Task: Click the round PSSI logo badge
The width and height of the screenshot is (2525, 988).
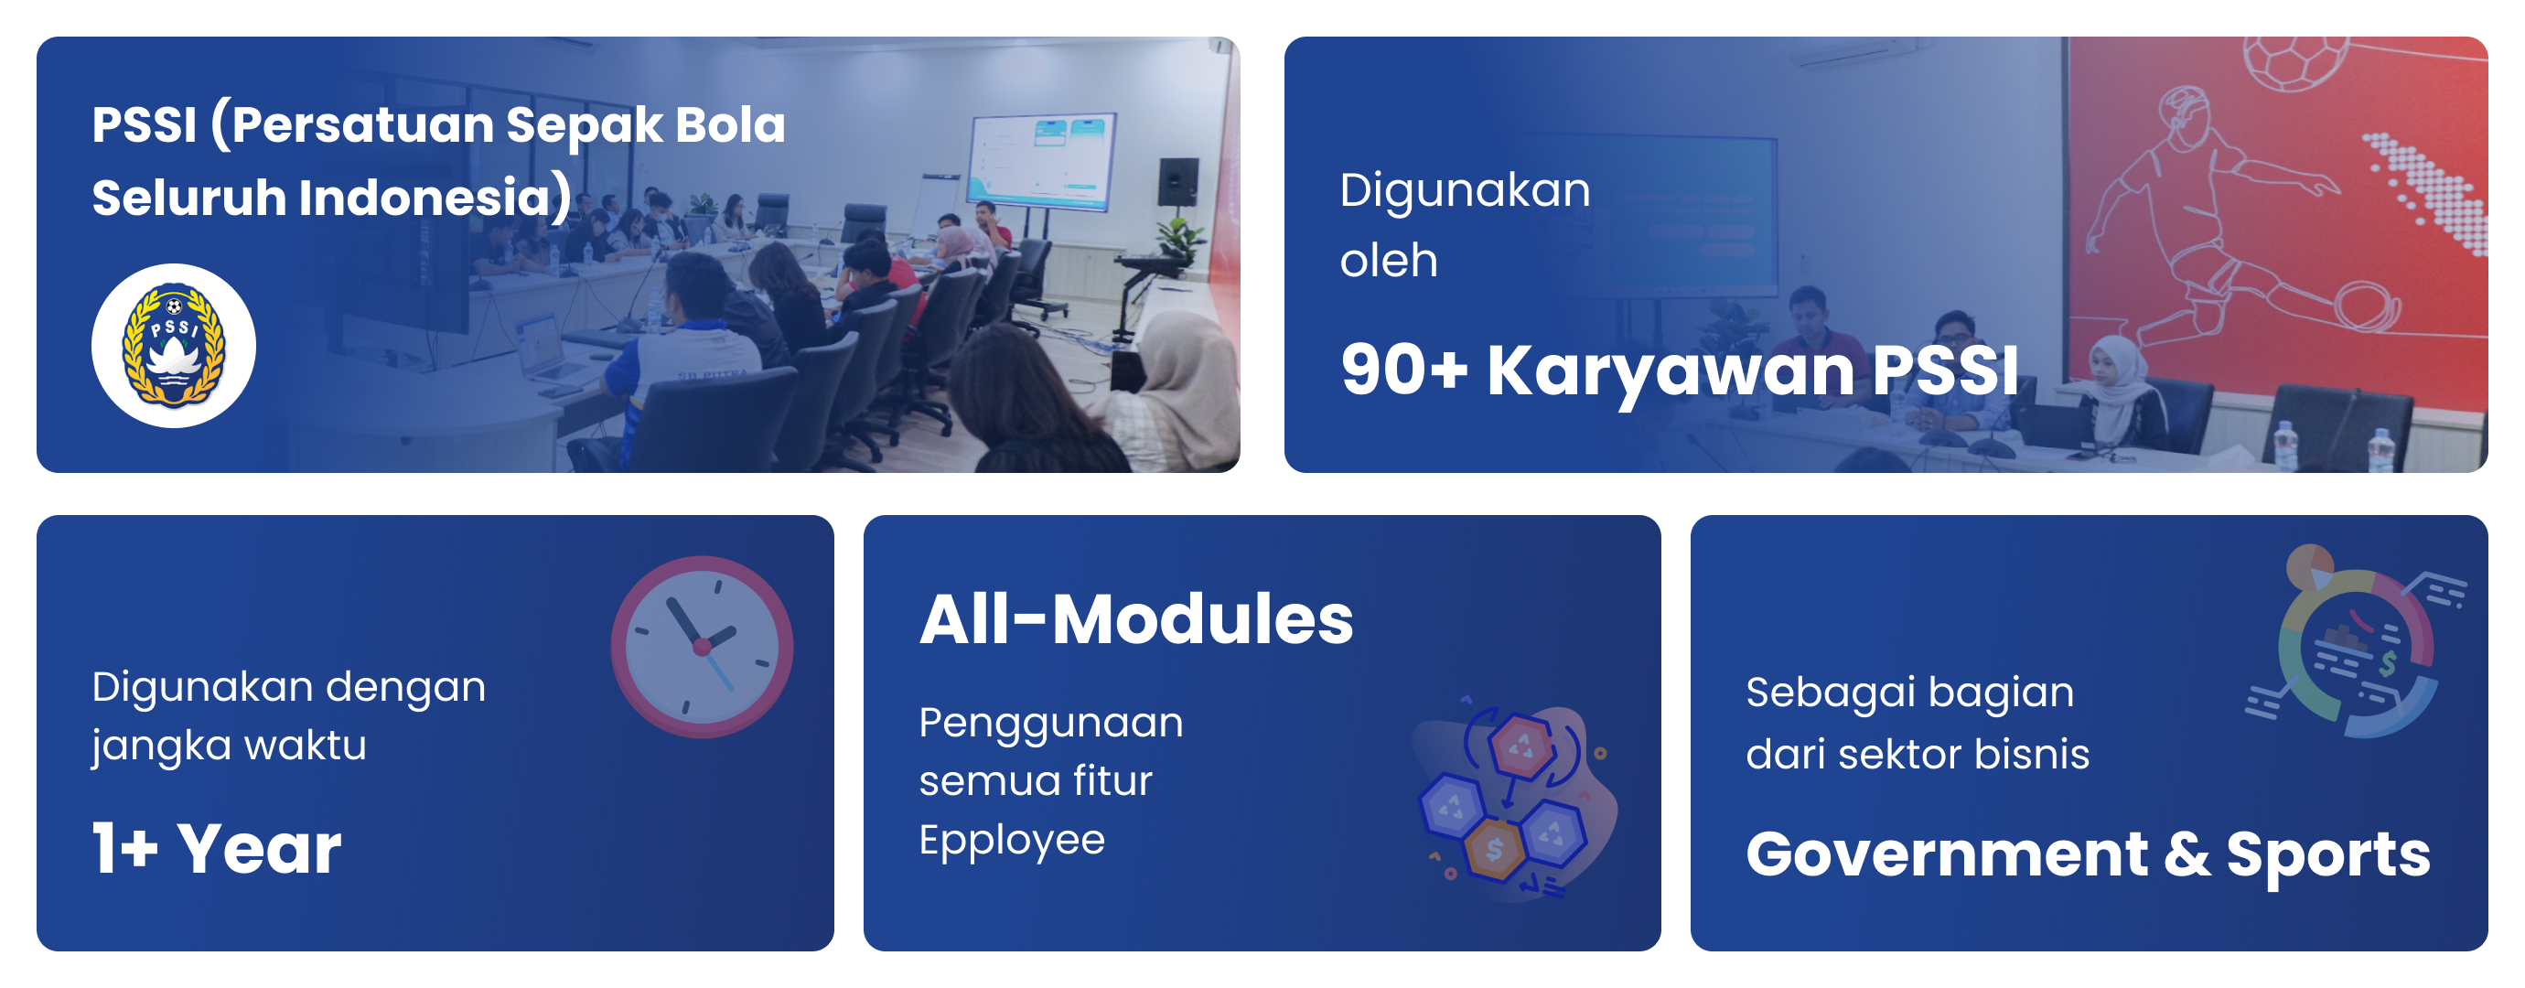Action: point(174,346)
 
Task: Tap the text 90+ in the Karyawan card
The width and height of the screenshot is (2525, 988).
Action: point(1403,370)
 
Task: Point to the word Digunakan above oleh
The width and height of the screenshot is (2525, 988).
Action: point(1466,189)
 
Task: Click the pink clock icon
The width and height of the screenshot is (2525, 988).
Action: point(702,647)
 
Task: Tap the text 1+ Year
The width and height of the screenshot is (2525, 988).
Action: point(217,848)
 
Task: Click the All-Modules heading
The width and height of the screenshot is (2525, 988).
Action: point(1136,619)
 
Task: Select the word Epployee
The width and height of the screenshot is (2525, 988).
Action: point(1012,840)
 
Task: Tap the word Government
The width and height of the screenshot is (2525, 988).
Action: point(1948,854)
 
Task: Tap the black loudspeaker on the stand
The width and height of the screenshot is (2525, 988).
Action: point(1177,181)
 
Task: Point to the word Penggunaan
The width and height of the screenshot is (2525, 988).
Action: point(1051,724)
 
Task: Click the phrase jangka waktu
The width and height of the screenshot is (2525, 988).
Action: point(230,746)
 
